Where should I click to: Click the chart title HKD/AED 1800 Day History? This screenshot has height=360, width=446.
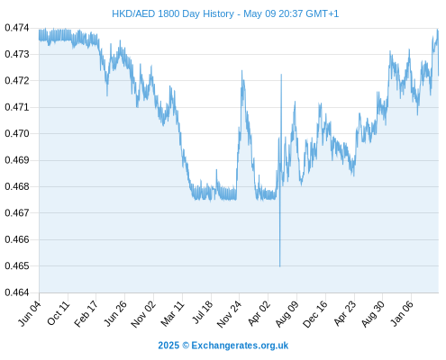point(173,13)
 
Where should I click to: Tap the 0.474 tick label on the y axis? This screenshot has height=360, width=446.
point(17,28)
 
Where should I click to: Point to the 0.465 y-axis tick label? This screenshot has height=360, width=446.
point(17,265)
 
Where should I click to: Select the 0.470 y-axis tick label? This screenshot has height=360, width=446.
point(17,133)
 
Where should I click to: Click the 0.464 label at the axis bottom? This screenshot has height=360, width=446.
point(17,292)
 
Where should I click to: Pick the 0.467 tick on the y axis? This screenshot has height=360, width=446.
point(17,213)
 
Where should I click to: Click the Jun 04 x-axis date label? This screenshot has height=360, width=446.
point(29,313)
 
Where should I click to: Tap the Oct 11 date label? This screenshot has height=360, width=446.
point(59,313)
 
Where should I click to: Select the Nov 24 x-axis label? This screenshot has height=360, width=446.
point(229,314)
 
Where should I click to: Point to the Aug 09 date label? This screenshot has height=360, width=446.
point(287,314)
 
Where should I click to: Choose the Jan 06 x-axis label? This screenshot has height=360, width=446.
point(402,313)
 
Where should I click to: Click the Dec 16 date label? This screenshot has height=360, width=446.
point(315,314)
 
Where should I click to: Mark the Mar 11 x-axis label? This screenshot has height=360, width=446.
point(172,314)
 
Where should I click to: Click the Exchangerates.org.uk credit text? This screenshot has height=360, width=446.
point(240,346)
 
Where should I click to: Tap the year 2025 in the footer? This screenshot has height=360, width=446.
point(168,346)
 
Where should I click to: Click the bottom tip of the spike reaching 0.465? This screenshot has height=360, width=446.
point(280,266)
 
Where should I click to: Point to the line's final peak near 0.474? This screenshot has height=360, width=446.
point(437,30)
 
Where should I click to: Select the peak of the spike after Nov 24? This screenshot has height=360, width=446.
point(241,70)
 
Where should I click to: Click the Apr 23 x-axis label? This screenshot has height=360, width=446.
point(344,313)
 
